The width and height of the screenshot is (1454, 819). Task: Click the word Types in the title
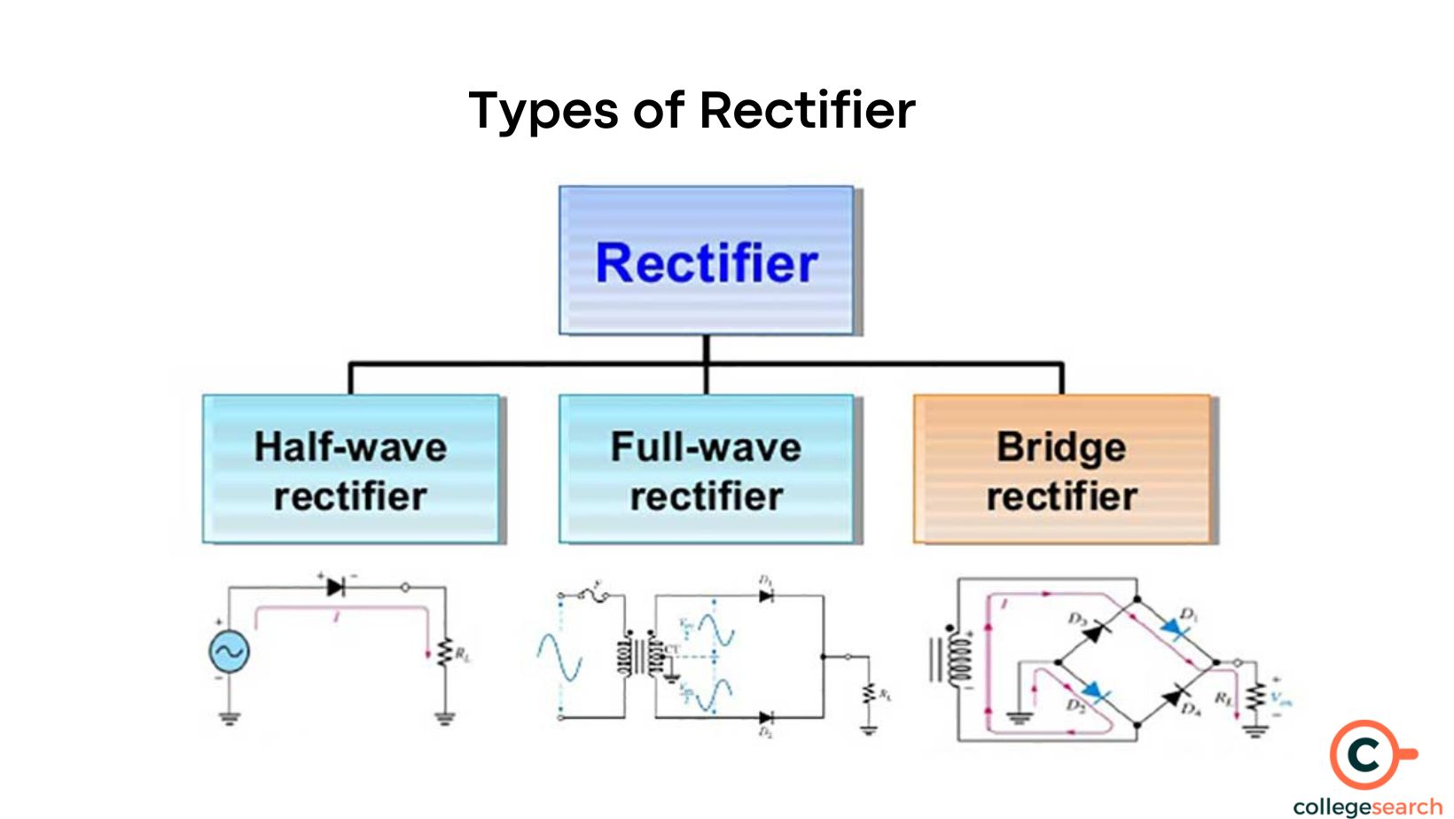543,112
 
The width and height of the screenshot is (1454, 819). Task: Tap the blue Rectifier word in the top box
706,263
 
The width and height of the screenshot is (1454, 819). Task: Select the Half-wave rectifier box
351,470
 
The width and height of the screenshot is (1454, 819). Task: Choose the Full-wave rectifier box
706,470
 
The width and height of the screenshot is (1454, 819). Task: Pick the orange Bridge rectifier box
1061,470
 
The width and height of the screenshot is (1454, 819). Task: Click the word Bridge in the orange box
1061,447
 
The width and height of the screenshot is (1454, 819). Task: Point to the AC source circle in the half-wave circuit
229,652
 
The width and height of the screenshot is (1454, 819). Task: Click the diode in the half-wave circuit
335,587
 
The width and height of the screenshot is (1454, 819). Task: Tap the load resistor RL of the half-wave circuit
445,653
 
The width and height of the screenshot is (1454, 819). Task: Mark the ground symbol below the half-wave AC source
230,716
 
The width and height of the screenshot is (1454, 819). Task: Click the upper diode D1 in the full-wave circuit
766,597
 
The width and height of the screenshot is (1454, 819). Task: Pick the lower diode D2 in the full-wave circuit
766,717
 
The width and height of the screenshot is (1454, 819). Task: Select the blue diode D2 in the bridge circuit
1096,692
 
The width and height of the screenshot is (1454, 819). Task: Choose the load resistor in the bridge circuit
1254,698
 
